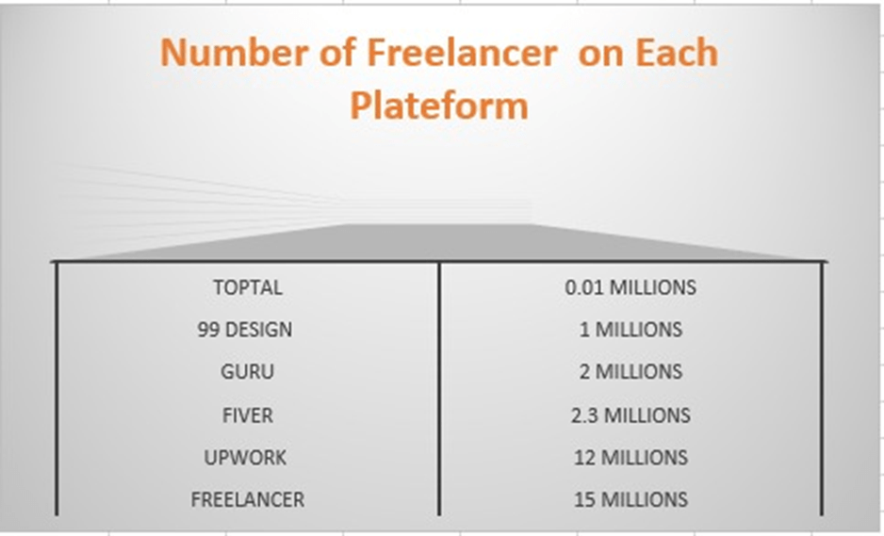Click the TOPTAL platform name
247,287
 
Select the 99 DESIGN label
245,330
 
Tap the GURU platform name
247,371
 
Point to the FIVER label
247,414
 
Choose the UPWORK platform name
246,457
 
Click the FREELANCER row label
247,499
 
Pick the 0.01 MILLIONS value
630,287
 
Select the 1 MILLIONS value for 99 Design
630,330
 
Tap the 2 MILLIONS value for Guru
630,371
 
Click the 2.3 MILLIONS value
630,414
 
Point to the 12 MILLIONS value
630,457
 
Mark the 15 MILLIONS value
630,499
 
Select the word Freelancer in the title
460,53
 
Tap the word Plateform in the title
438,105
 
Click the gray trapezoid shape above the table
439,242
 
